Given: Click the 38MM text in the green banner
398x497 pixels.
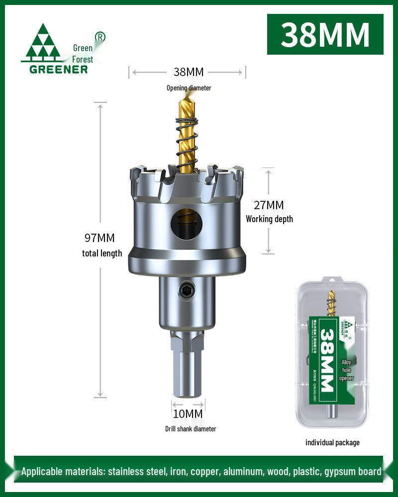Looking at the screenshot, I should [325, 34].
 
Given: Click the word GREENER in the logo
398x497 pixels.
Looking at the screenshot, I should [58, 69].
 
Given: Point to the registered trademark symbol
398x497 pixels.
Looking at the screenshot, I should [99, 37].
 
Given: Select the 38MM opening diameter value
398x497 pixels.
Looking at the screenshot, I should [188, 72].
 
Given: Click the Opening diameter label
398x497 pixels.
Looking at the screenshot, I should [189, 88].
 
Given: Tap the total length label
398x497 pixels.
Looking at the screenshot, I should [102, 253].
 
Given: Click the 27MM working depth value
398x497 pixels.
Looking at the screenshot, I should [269, 205].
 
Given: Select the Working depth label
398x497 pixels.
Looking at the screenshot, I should [269, 219].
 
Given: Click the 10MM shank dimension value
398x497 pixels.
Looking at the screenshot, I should [188, 414].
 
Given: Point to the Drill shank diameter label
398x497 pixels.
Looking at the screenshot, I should [191, 428].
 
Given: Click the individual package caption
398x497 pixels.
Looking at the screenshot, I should [332, 442].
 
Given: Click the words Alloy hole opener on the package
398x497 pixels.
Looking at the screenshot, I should [346, 370].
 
